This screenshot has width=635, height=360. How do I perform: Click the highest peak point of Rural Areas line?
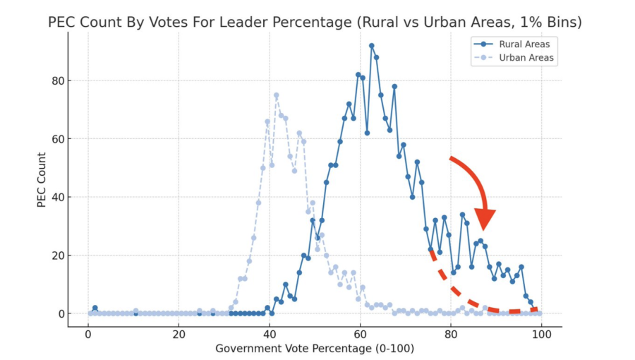point(371,45)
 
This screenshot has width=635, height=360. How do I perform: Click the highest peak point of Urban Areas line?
point(276,95)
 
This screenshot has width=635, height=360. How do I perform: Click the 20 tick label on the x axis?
point(179,335)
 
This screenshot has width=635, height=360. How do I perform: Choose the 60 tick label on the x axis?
point(361,335)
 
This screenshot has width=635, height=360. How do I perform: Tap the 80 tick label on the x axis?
point(452,335)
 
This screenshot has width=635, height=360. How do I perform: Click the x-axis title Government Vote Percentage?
point(315,349)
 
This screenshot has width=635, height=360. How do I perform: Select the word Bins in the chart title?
point(560,22)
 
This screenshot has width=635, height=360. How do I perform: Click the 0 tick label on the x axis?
point(88,335)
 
